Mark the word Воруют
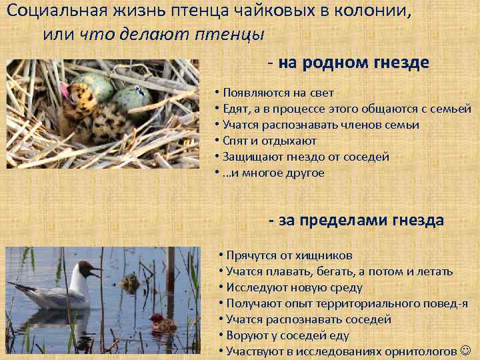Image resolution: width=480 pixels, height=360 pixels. click(x=246, y=335)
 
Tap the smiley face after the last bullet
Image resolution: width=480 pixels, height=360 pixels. click(x=465, y=351)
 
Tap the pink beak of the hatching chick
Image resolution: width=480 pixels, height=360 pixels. click(x=65, y=90)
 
